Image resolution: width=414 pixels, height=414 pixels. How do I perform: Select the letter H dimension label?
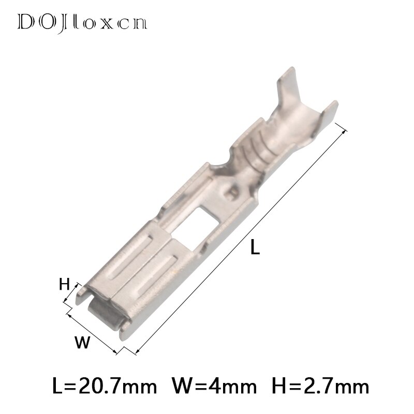click(64, 284)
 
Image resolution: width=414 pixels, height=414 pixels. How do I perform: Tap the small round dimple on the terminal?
click(231, 195)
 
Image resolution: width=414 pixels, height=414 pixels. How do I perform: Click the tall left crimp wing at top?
click(282, 85)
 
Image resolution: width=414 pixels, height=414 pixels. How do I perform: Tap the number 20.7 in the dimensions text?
click(106, 386)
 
